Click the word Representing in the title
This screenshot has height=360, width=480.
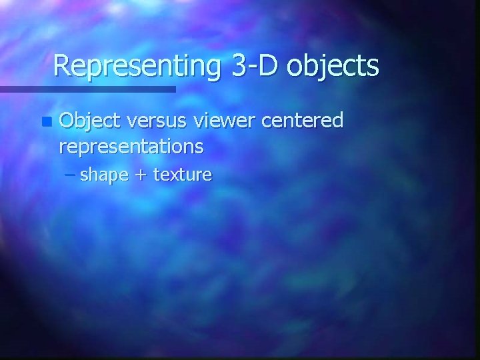137,67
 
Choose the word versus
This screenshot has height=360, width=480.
159,121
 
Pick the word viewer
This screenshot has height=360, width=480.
227,121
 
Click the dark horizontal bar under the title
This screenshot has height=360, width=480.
87,89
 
